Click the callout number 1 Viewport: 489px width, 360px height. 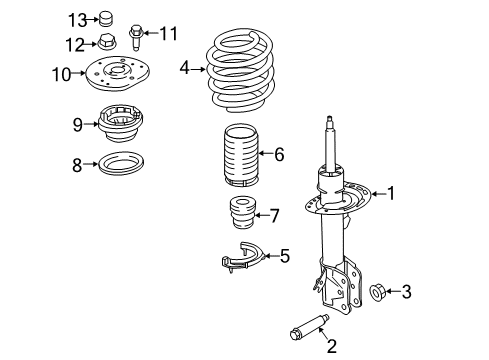coord(392,193)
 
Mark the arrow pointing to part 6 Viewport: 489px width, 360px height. coord(261,154)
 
